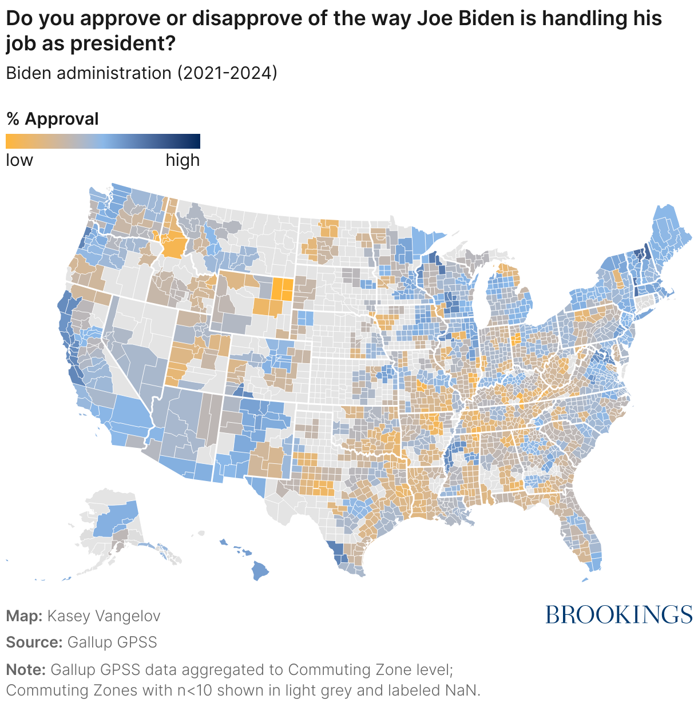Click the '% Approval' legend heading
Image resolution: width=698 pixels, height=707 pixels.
coord(53,119)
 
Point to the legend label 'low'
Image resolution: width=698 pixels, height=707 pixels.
coord(19,160)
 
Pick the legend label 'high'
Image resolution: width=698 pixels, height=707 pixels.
coord(183,160)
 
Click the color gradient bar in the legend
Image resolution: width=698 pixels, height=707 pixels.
coord(103,141)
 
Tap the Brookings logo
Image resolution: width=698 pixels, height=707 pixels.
coord(618,615)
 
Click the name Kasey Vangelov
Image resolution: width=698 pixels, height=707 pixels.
coord(104,616)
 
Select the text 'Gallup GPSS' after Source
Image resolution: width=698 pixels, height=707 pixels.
coord(112,642)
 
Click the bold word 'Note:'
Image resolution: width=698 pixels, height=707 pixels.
coord(26,669)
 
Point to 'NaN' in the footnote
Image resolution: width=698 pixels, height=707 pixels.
coord(461,690)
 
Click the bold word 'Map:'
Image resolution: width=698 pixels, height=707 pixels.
coord(24,616)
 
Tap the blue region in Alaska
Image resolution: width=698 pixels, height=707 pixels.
coord(115,518)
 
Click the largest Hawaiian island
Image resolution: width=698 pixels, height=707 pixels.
coord(260,570)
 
